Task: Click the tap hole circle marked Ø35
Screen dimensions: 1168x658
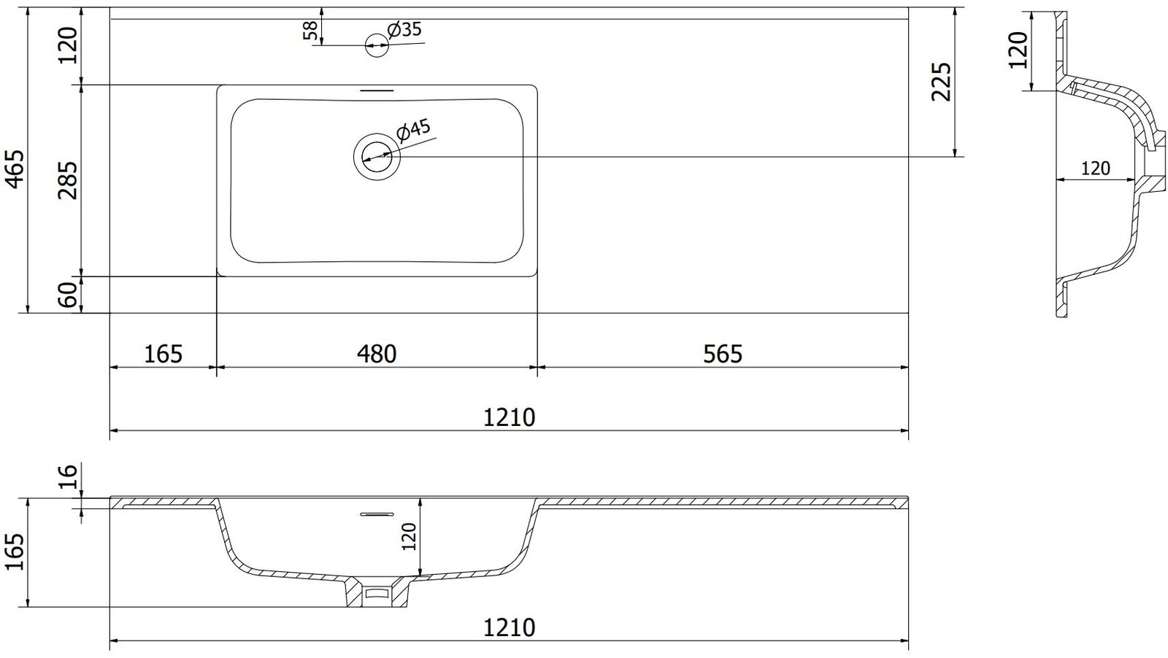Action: coord(377,45)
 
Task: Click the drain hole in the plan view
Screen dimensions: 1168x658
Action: coord(377,156)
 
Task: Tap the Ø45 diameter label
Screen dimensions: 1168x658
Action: coord(413,131)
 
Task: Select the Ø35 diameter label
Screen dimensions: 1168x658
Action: coord(404,30)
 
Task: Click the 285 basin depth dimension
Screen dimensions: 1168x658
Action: coord(68,180)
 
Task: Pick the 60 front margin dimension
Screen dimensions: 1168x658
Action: coord(68,295)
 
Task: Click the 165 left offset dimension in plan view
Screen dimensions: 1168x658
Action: coord(164,355)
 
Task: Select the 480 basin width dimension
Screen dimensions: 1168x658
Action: coord(377,355)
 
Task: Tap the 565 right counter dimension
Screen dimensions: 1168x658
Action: coord(723,355)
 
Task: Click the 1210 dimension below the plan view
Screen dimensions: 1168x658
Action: coord(509,418)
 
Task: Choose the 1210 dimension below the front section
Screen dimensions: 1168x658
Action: coord(509,628)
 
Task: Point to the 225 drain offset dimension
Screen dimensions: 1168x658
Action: coord(942,82)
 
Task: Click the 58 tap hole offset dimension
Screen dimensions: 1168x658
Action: coord(311,31)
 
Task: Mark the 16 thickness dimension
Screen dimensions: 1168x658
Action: coord(69,476)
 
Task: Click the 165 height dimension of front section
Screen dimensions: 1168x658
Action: coord(15,551)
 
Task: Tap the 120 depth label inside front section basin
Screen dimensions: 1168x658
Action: coord(410,537)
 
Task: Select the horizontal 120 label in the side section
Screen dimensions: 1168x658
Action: coord(1095,169)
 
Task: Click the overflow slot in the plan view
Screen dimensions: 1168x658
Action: coord(377,90)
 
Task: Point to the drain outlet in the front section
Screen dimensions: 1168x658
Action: coord(377,593)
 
